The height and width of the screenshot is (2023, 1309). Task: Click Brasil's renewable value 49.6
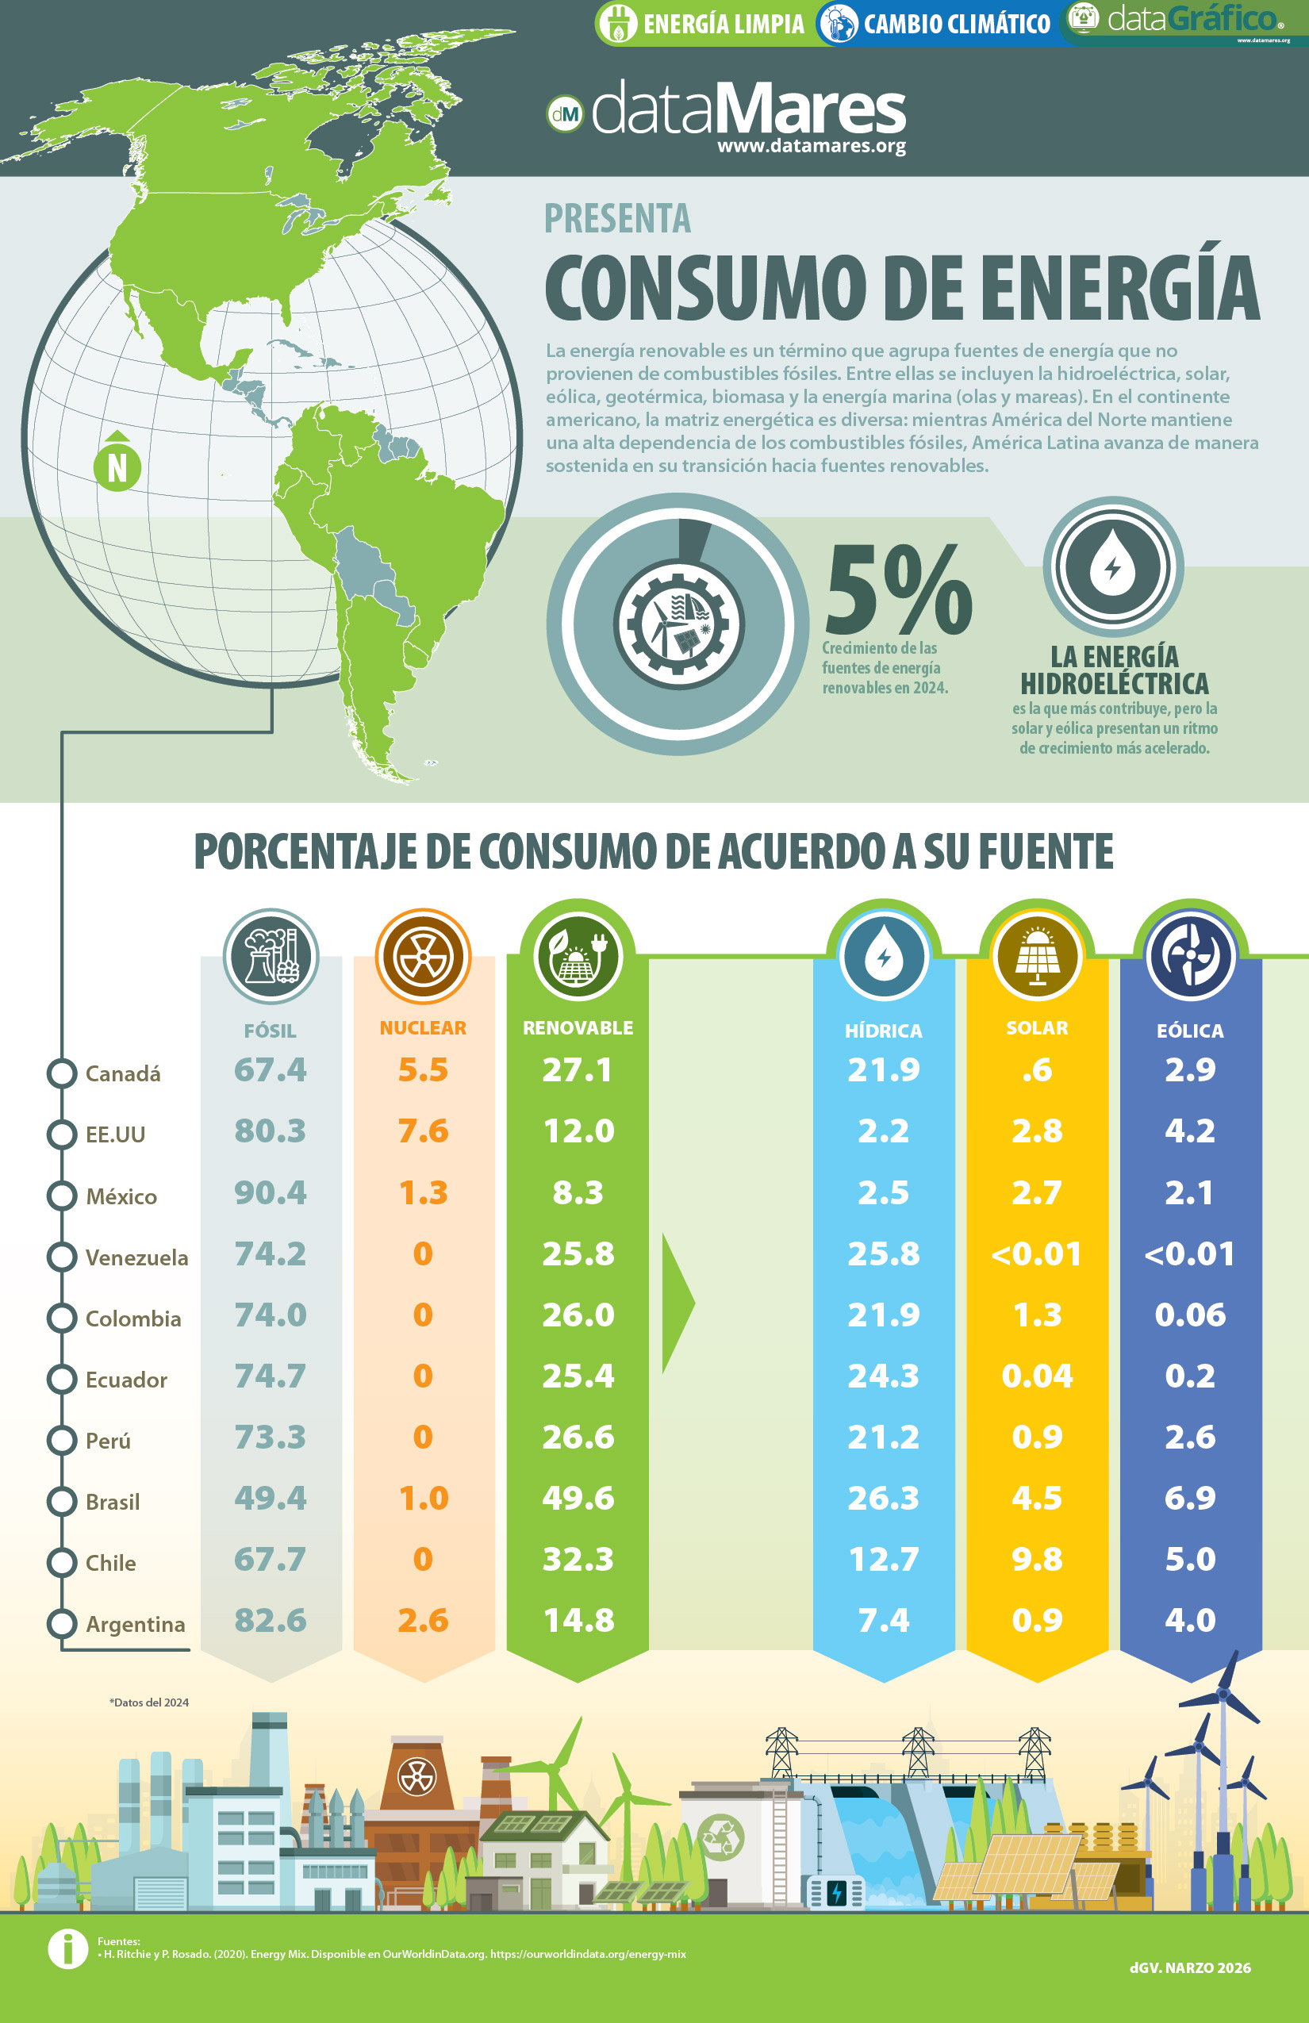(578, 1498)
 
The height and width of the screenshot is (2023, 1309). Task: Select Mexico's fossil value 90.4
(271, 1192)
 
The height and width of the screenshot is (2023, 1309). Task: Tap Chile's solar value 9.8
(1037, 1559)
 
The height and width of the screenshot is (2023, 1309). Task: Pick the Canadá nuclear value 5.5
(424, 1069)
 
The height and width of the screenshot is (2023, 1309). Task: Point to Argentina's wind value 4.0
(1190, 1620)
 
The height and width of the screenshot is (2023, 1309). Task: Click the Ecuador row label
(126, 1380)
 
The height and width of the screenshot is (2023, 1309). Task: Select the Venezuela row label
(136, 1257)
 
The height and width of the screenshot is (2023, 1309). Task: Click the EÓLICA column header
(1190, 1031)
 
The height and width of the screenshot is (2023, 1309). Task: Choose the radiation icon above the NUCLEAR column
(424, 956)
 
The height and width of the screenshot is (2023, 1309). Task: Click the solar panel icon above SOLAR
(1037, 956)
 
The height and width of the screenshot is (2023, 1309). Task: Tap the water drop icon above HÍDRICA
(884, 956)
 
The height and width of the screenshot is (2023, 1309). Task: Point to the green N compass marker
(117, 463)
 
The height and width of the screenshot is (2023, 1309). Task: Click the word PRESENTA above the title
(617, 218)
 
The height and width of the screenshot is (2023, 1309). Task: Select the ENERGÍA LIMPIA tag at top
(703, 23)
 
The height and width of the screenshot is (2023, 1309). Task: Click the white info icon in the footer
(68, 1948)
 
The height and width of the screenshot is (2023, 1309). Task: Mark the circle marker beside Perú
(62, 1440)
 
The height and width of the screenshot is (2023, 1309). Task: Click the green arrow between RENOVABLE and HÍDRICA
(678, 1302)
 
